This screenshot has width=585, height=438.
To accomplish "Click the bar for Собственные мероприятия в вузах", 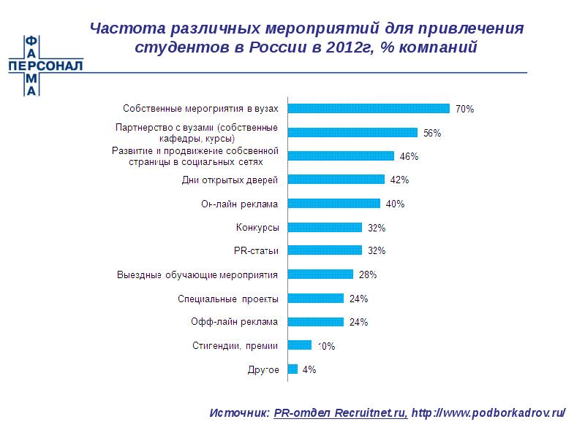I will (369, 108).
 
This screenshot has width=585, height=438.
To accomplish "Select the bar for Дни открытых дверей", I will (336, 179).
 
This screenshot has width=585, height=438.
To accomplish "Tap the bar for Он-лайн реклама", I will (334, 203).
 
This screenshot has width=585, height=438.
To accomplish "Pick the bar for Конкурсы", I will (325, 227).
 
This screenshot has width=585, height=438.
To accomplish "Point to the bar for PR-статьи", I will (325, 250).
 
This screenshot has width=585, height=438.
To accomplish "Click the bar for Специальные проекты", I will (316, 298).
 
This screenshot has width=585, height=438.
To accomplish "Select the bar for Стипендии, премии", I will (300, 345).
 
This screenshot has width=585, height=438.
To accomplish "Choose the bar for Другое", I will (293, 369).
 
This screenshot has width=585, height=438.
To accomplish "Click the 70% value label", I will (464, 109).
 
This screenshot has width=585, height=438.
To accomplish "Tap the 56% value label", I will (432, 133).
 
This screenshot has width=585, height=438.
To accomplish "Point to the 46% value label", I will (409, 156).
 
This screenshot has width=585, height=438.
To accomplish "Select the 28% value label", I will (367, 275).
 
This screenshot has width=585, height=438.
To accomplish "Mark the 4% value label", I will (309, 370).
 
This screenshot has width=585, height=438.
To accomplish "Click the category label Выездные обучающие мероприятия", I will (198, 275).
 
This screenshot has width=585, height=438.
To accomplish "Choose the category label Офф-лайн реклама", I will (234, 321).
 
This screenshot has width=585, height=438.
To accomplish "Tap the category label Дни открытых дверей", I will (230, 179).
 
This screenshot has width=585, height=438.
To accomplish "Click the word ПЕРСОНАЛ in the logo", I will (45, 65).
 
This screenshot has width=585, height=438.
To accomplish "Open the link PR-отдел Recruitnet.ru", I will (341, 412).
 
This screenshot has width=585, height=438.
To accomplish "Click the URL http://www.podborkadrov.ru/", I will (488, 412).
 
